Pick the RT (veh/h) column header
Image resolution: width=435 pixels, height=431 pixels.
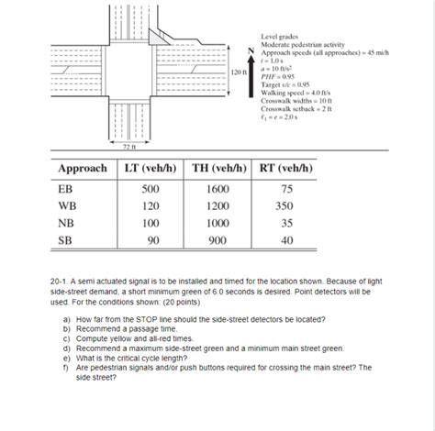285,169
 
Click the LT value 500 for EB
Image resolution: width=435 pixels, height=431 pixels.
150,188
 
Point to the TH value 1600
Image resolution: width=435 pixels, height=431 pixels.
217,188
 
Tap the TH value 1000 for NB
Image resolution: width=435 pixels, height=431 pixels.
217,223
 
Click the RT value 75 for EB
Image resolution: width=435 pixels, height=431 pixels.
286,188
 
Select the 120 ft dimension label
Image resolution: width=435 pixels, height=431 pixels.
238,71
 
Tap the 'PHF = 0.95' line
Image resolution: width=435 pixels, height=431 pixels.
281,77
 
